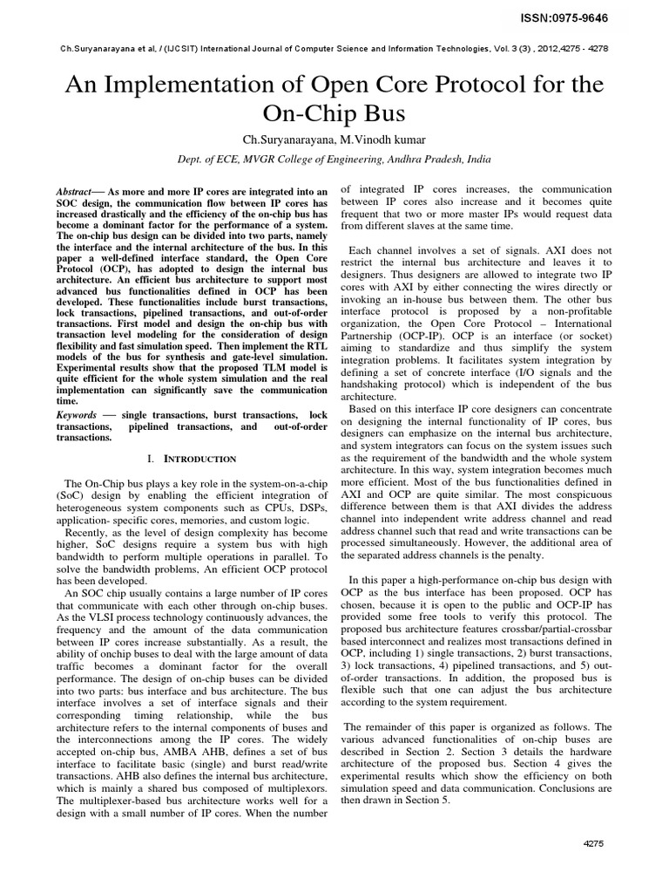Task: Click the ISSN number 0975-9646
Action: pyautogui.click(x=610, y=15)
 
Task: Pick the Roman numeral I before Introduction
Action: pyautogui.click(x=153, y=458)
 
